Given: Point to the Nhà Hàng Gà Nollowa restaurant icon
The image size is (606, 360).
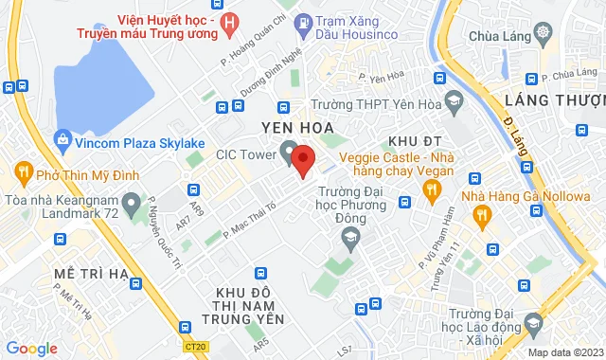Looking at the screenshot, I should coord(482,217).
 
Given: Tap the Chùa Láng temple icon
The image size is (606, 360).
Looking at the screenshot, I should coord(543,34).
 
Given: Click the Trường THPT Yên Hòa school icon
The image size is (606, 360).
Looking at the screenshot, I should coord(454,100).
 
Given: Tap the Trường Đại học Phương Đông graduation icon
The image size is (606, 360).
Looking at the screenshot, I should coord(351,238).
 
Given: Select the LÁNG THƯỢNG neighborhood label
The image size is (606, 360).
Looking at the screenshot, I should coord(562,100).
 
